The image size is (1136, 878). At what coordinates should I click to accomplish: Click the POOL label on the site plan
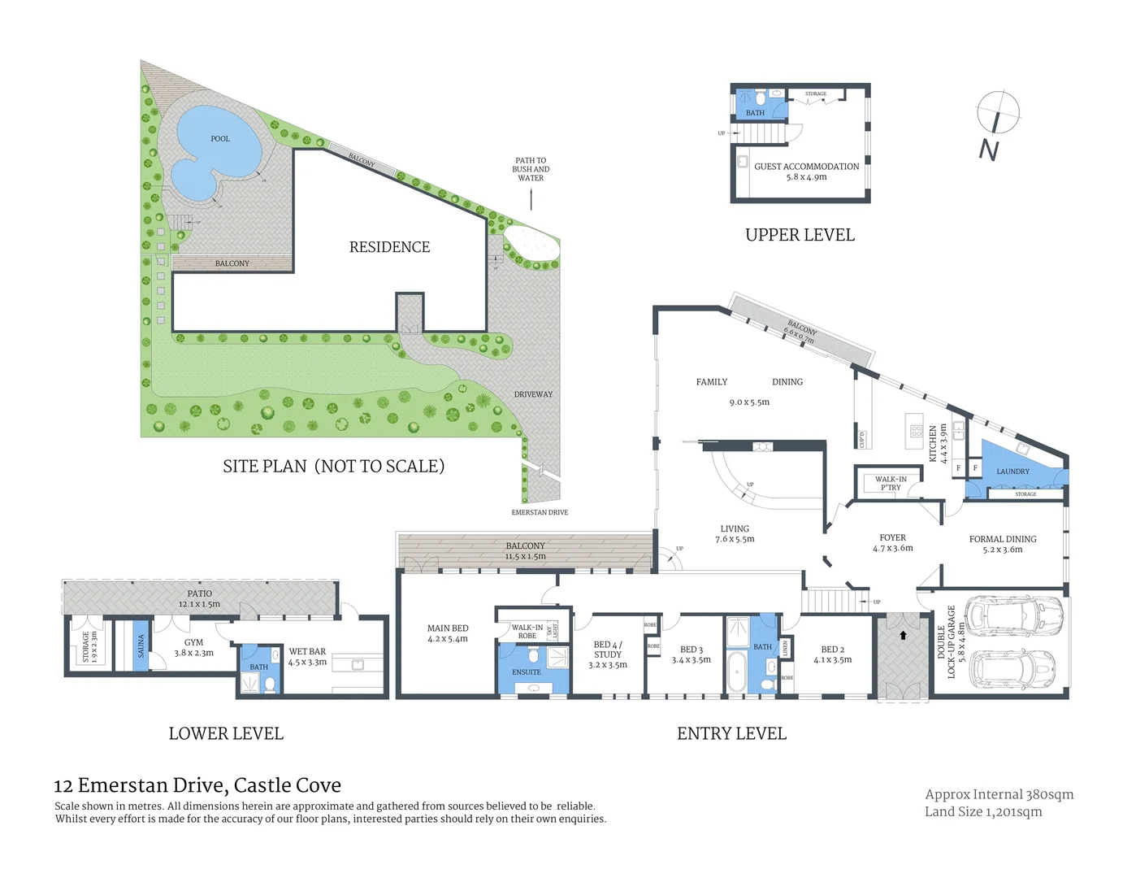pos(220,139)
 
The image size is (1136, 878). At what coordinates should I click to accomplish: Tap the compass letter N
pos(988,150)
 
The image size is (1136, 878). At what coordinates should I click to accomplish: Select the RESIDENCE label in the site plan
pos(389,247)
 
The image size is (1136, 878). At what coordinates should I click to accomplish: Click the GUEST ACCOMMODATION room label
pos(806,167)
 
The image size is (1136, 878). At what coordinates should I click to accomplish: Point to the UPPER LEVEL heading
pos(800,235)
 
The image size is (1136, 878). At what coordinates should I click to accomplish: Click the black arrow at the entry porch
pos(903,636)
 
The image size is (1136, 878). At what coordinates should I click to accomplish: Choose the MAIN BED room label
pos(448,628)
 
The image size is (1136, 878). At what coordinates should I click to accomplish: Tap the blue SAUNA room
pos(141,647)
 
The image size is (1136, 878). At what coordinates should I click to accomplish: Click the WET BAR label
pos(307,651)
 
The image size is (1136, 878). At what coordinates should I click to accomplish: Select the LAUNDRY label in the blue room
pos(1012,472)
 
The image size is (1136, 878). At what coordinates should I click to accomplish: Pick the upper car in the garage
pos(1013,610)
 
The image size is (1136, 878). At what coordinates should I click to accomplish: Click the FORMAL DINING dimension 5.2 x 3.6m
pos(1002,550)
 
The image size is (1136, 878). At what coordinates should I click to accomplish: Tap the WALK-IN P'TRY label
pos(891,484)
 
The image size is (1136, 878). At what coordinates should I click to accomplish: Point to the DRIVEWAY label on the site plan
pos(533,394)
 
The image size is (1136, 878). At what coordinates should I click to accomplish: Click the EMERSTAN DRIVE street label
pos(540,512)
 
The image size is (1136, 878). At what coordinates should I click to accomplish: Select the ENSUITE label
pos(527,672)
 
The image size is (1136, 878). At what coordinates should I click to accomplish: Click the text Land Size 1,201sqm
pos(982,811)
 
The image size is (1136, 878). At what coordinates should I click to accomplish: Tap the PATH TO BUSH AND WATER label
pos(531,169)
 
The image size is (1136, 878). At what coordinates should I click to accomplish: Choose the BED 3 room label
pos(691,650)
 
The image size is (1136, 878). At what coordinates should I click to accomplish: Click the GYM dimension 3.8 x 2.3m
pos(193,653)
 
